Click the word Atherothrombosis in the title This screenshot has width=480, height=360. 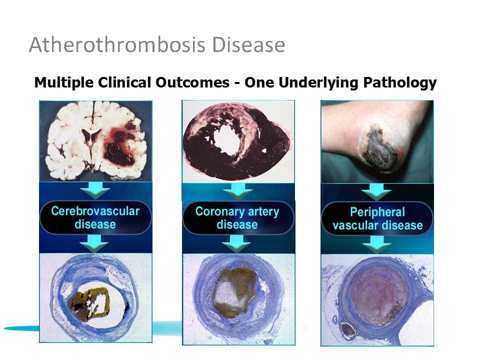[117, 44]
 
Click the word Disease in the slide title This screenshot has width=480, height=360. [248, 44]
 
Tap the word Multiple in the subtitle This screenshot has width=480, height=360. [64, 83]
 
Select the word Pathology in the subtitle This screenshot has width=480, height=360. [400, 83]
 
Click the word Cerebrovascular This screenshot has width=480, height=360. [95, 211]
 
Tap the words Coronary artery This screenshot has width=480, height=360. [237, 211]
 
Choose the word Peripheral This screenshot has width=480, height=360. [377, 212]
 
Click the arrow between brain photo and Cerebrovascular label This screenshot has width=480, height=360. [95, 190]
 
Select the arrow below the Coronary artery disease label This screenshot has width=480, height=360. [236, 243]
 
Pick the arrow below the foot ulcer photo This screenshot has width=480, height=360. [376, 192]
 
